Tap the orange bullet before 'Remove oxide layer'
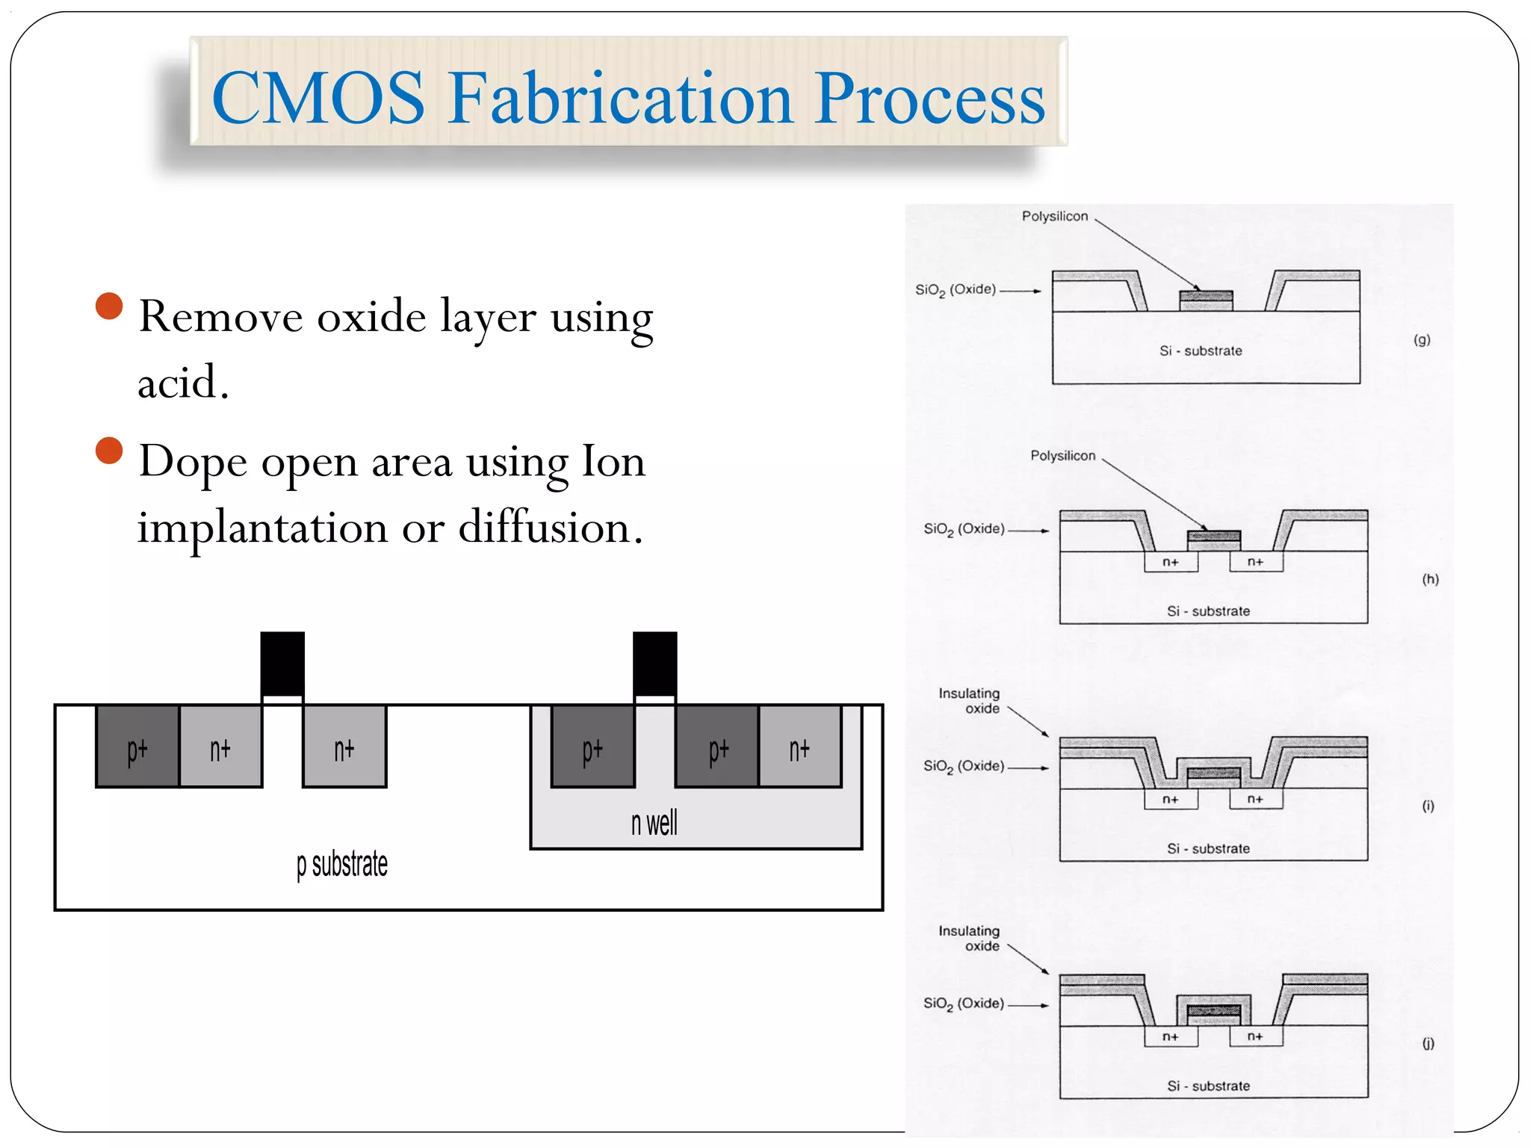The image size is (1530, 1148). tap(109, 306)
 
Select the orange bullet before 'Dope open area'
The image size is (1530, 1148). tap(109, 451)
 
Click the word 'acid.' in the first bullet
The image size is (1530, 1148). tap(182, 383)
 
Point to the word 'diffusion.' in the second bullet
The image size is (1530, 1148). tap(550, 528)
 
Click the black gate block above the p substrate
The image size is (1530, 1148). tap(282, 663)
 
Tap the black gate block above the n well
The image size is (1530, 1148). tap(654, 663)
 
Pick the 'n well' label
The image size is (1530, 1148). tap(654, 823)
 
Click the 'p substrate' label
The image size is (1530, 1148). tap(342, 864)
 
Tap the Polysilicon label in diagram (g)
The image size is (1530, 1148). tap(1054, 216)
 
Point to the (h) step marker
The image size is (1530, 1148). tap(1430, 579)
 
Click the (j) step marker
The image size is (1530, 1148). tap(1428, 1043)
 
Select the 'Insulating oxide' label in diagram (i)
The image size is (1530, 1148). tap(969, 700)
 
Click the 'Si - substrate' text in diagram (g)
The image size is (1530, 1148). tap(1201, 351)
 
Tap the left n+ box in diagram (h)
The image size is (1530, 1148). tap(1170, 562)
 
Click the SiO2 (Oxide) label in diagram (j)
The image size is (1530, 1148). tap(963, 1004)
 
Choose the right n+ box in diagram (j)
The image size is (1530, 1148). tap(1255, 1037)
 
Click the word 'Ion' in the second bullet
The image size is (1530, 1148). tap(613, 461)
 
